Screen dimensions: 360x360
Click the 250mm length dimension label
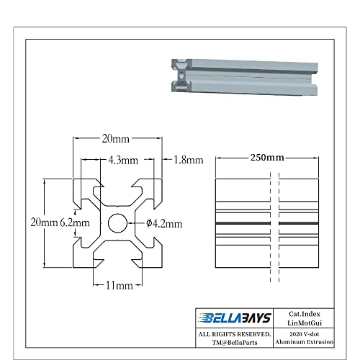click(267, 157)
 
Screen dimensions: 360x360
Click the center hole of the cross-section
click(116, 223)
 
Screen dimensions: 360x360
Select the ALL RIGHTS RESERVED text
click(235, 335)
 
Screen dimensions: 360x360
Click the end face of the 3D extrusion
click(181, 75)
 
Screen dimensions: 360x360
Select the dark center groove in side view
click(267, 224)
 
